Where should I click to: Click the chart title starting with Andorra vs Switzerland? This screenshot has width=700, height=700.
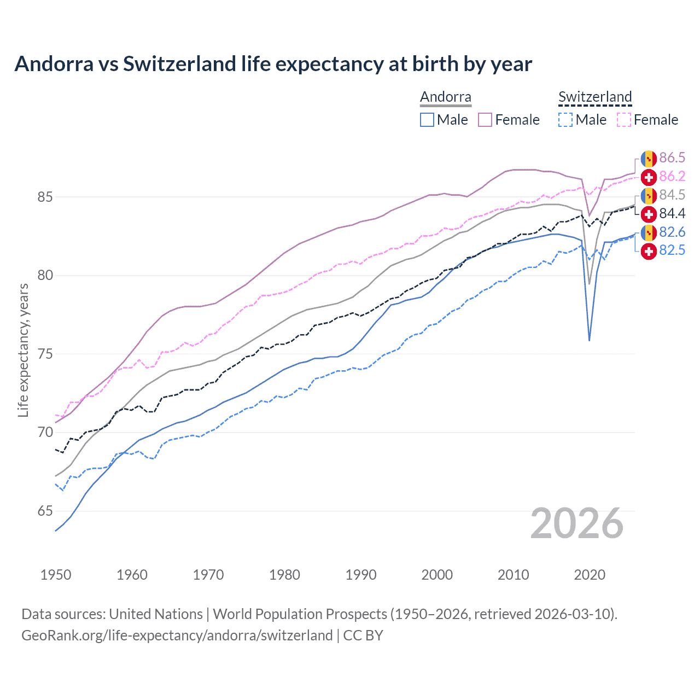coord(273,64)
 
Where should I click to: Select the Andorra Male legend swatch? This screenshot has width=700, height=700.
coord(427,120)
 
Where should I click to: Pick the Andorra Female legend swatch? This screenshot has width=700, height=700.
coord(485,120)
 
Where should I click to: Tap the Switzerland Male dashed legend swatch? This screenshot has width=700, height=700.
coord(565,120)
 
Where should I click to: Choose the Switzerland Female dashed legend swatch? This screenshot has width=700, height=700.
coord(624,120)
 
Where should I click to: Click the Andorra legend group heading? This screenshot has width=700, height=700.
coord(445,97)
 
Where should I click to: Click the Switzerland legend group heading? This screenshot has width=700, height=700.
coord(595,97)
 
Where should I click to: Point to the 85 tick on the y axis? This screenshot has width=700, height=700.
coord(45,197)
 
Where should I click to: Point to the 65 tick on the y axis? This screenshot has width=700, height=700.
coord(45,511)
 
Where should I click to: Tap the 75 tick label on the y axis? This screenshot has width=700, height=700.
coord(45,354)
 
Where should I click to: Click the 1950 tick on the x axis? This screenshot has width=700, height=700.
coord(56,575)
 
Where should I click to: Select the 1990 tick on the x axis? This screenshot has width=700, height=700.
coord(361,575)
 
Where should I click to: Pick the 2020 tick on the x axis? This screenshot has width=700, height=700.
coord(590,575)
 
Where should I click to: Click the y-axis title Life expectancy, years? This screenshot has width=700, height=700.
coord(23,350)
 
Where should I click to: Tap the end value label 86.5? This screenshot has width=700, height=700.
coord(672,158)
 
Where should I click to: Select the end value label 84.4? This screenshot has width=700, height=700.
coord(672,213)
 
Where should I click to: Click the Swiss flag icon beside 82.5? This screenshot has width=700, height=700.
coord(649,251)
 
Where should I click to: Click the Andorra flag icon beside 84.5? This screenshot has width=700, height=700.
coord(649,195)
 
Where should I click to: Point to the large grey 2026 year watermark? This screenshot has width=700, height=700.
coord(576,523)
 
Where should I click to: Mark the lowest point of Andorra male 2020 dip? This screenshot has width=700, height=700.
coord(589,341)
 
